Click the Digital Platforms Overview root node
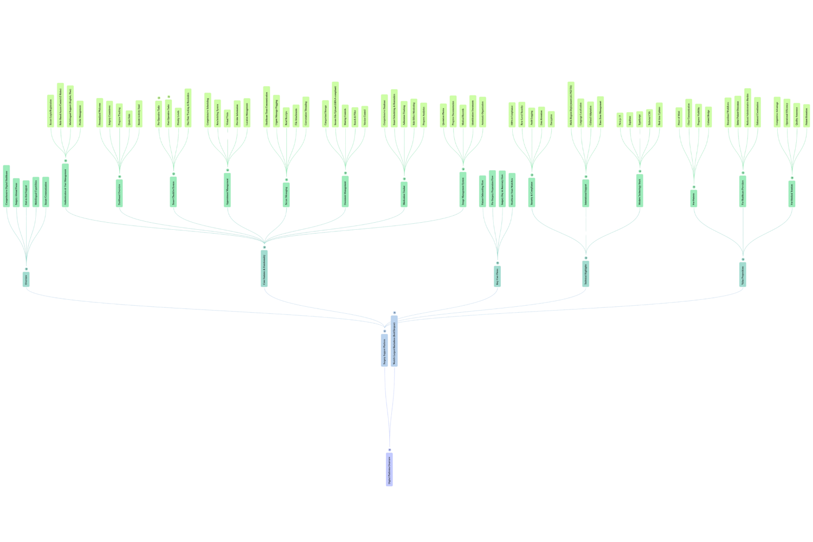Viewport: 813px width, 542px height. tap(389, 468)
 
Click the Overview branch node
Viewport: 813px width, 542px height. tap(26, 279)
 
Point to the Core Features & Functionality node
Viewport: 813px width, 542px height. tap(264, 268)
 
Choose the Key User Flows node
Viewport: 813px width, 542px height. tap(498, 276)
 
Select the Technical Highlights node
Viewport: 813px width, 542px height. tap(585, 274)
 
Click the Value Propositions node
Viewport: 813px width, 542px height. tap(743, 275)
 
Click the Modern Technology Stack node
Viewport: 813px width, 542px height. tap(640, 190)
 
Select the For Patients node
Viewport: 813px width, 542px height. tap(693, 198)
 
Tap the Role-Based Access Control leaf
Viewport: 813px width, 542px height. tap(61, 105)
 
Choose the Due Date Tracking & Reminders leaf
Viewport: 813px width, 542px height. tap(188, 108)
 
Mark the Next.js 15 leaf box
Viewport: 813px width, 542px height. tap(620, 120)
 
